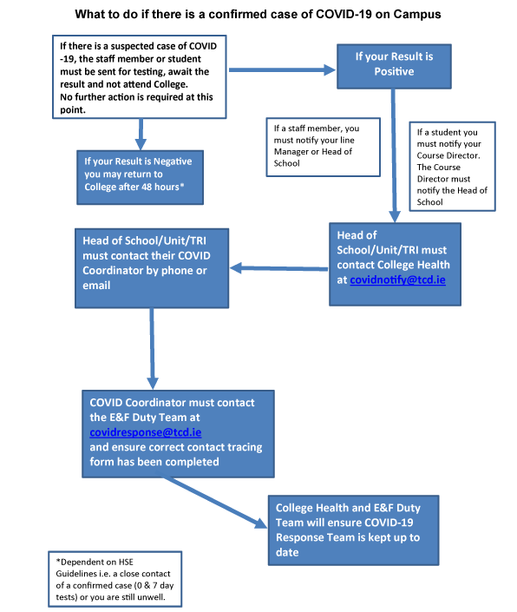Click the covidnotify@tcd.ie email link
[x=397, y=280]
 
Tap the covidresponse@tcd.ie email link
[x=146, y=432]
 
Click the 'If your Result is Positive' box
[x=394, y=66]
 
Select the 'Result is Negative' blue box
[x=140, y=178]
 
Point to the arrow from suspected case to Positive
[x=282, y=70]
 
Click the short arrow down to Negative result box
[x=141, y=135]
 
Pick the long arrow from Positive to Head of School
[x=394, y=155]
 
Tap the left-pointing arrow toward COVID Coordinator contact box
[x=278, y=268]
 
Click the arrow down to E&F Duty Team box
[x=152, y=349]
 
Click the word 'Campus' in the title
[x=417, y=15]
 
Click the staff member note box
[x=323, y=148]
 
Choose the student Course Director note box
[x=452, y=167]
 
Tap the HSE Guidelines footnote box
[x=115, y=579]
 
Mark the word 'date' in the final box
[x=287, y=553]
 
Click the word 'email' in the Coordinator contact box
[x=96, y=286]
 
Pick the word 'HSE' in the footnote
[x=126, y=563]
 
